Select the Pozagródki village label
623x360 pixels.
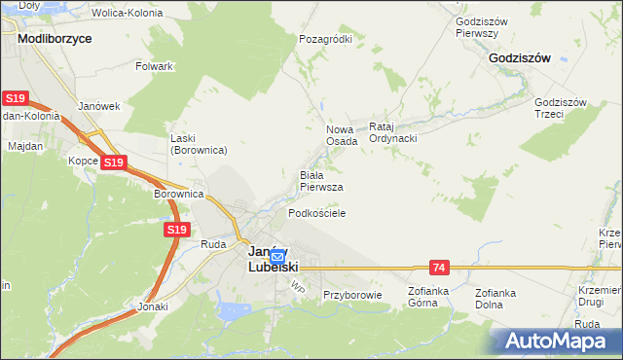[x=325, y=39]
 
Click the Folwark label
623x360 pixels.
[x=155, y=66]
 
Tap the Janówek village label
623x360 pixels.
[x=98, y=106]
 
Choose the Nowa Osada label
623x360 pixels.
[x=341, y=135]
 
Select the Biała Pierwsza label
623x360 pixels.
[x=320, y=181]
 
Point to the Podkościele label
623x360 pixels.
[x=317, y=212]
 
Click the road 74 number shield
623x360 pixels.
[x=440, y=267]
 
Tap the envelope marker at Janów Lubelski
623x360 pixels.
[x=277, y=258]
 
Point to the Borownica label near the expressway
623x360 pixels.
[x=177, y=194]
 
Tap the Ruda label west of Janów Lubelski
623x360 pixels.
[x=213, y=245]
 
